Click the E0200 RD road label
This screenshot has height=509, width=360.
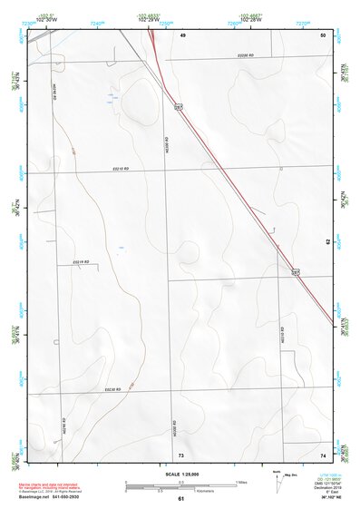pos(247,57)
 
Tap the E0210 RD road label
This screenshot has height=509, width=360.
pos(121,170)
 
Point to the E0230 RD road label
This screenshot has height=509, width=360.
pos(112,389)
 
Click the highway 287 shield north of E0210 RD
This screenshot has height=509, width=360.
pos(180,107)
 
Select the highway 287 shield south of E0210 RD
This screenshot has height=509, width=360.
pos(296,270)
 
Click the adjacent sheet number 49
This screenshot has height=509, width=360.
pos(181,34)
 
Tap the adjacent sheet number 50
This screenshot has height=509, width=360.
pos(322,34)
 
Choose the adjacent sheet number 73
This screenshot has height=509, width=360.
pos(181,454)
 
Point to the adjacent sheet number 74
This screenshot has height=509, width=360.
pos(322,454)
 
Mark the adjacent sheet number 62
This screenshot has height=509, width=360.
pos(327,241)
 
